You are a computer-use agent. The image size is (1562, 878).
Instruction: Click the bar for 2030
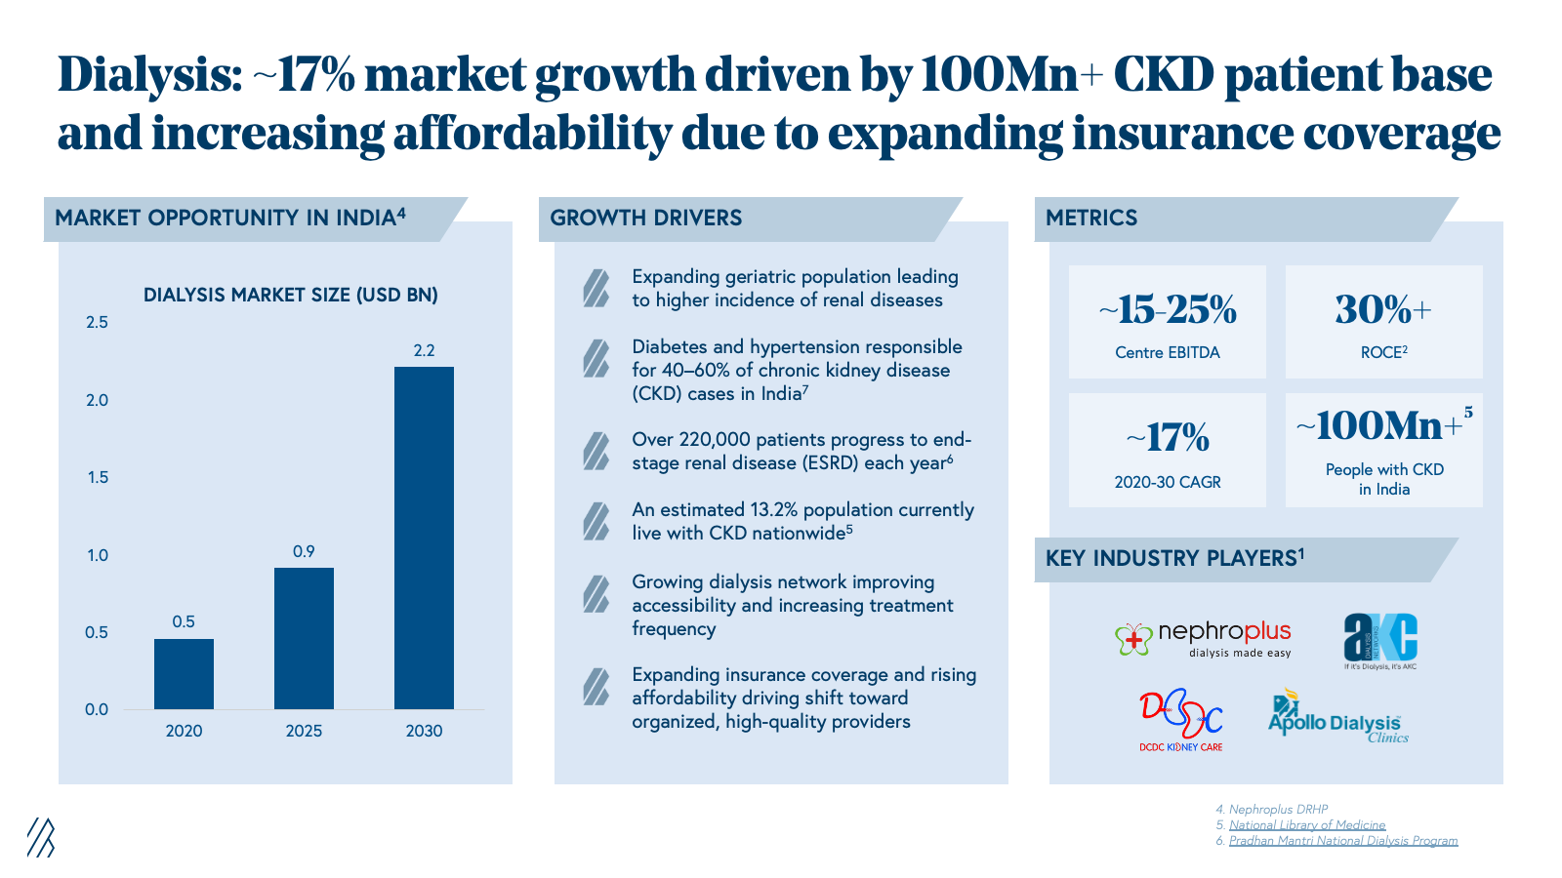click(x=424, y=538)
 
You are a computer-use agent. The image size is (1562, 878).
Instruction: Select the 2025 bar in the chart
click(x=304, y=638)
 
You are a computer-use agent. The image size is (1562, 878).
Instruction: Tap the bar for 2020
click(x=184, y=674)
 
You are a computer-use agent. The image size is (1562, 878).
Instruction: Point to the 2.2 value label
click(x=424, y=350)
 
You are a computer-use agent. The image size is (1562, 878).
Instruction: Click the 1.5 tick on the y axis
click(x=97, y=477)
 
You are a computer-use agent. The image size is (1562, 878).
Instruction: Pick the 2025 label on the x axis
click(x=304, y=731)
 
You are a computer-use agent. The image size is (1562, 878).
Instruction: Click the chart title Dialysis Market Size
click(x=290, y=295)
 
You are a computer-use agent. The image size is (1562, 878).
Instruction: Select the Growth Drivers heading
click(x=645, y=218)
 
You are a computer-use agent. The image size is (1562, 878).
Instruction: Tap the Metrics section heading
click(x=1091, y=218)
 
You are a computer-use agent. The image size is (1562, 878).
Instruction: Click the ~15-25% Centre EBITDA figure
click(x=1168, y=310)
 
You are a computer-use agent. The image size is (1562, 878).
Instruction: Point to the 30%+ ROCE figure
click(x=1383, y=310)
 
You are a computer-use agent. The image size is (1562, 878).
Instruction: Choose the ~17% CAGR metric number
click(x=1168, y=438)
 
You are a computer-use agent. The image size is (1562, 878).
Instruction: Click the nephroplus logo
click(x=1203, y=639)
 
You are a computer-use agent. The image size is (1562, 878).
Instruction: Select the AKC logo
click(x=1380, y=640)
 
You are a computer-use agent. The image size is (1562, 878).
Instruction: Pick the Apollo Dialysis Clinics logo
click(x=1336, y=719)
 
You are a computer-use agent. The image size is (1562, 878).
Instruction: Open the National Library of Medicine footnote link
click(x=1307, y=825)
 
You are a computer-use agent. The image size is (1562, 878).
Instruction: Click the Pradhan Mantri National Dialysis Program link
click(x=1343, y=841)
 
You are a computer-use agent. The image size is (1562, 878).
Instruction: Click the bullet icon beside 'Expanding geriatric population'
click(x=596, y=289)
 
